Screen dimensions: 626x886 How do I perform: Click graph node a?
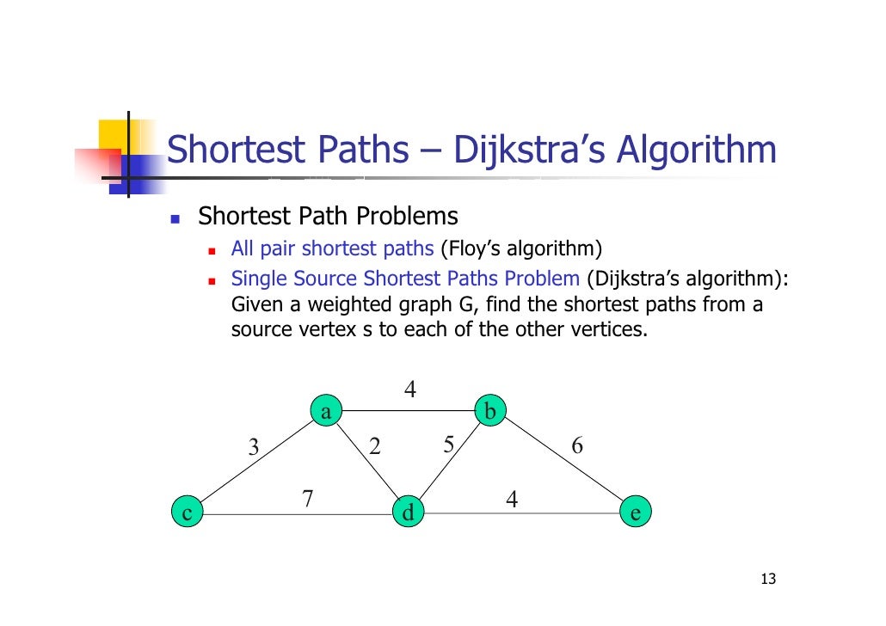point(326,412)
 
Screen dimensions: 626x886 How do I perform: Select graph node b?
point(490,412)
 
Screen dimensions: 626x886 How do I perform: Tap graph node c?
point(186,513)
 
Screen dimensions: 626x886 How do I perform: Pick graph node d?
point(407,513)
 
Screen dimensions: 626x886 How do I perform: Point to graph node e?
point(635,513)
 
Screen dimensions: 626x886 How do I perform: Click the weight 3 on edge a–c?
point(253,447)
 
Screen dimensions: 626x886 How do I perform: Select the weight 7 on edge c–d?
point(307,498)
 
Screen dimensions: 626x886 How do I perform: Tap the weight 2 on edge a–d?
point(374,445)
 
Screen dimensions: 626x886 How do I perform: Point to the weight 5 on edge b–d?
point(448,445)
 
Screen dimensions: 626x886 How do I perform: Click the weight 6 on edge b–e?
point(577,445)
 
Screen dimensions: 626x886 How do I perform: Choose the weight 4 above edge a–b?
point(411,390)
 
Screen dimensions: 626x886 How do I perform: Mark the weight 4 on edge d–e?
point(512,499)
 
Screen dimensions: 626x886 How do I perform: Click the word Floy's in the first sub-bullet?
point(471,249)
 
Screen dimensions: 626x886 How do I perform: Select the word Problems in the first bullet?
point(409,216)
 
